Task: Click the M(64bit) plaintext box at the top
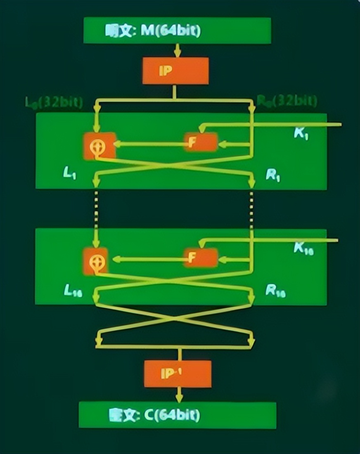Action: pyautogui.click(x=177, y=31)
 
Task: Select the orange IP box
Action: pyautogui.click(x=175, y=71)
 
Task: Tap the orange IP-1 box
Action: pyautogui.click(x=178, y=374)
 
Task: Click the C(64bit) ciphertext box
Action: pyautogui.click(x=177, y=415)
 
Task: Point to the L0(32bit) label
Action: pyautogui.click(x=54, y=102)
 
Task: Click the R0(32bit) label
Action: pyautogui.click(x=287, y=100)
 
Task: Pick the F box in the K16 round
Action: pyautogui.click(x=201, y=258)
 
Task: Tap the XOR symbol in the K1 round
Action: pyautogui.click(x=99, y=145)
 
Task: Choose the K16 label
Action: pyautogui.click(x=303, y=248)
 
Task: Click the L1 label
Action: pyautogui.click(x=69, y=174)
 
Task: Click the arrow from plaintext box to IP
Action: pyautogui.click(x=177, y=50)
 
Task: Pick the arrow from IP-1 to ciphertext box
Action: pyautogui.click(x=179, y=394)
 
